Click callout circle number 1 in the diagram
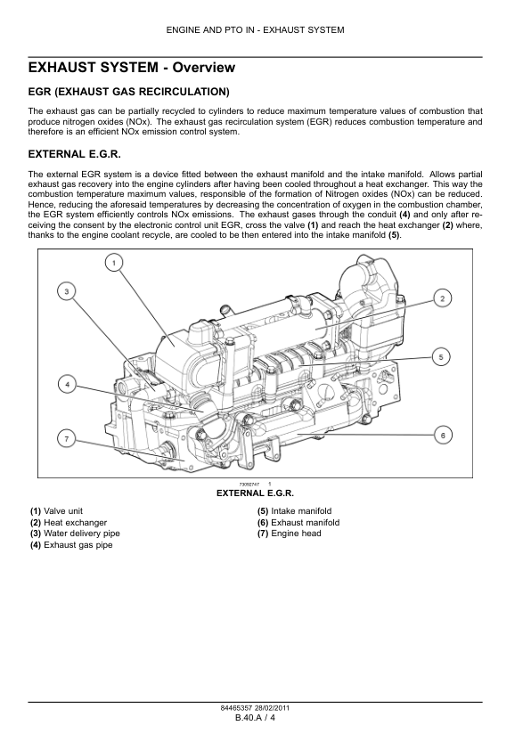tap(114, 263)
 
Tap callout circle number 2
tap(443, 299)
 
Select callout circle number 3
tap(67, 291)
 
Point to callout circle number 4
tap(68, 385)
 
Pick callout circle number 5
tap(441, 357)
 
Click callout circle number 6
tap(443, 436)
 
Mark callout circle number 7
tap(67, 439)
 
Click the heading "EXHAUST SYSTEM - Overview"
tap(132, 68)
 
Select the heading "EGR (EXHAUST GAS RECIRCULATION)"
tap(128, 92)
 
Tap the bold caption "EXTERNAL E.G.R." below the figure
tap(256, 493)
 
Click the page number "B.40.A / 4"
tap(256, 717)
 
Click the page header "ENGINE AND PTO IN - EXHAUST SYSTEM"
tap(256, 30)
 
